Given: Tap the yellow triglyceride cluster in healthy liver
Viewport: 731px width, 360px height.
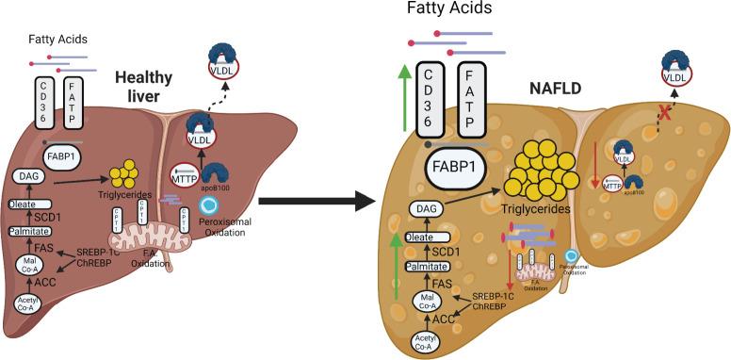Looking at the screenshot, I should point(124,175).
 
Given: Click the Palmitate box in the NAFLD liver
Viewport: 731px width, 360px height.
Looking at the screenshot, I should point(426,268).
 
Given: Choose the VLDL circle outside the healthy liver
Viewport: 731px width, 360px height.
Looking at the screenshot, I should point(224,70).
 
